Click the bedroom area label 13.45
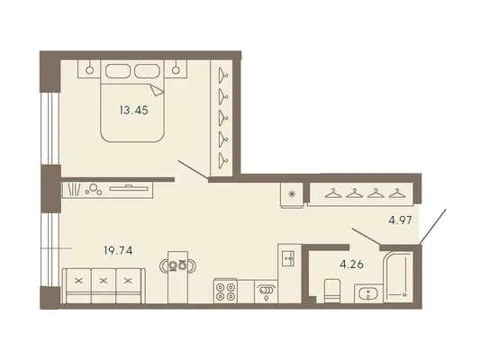(134, 110)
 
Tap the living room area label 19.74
(118, 251)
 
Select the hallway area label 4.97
(400, 220)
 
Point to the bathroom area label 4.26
(352, 265)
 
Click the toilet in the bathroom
(332, 291)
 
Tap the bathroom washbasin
(367, 294)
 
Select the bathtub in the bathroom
(398, 277)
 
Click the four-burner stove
(225, 292)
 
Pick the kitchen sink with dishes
(266, 292)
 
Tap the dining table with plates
(177, 277)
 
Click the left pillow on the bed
(117, 71)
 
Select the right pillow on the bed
(148, 71)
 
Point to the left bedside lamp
(89, 70)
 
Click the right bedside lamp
(176, 70)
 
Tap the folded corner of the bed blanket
(157, 90)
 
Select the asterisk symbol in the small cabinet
(293, 193)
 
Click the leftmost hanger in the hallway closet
(333, 193)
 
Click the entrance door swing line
(432, 227)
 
